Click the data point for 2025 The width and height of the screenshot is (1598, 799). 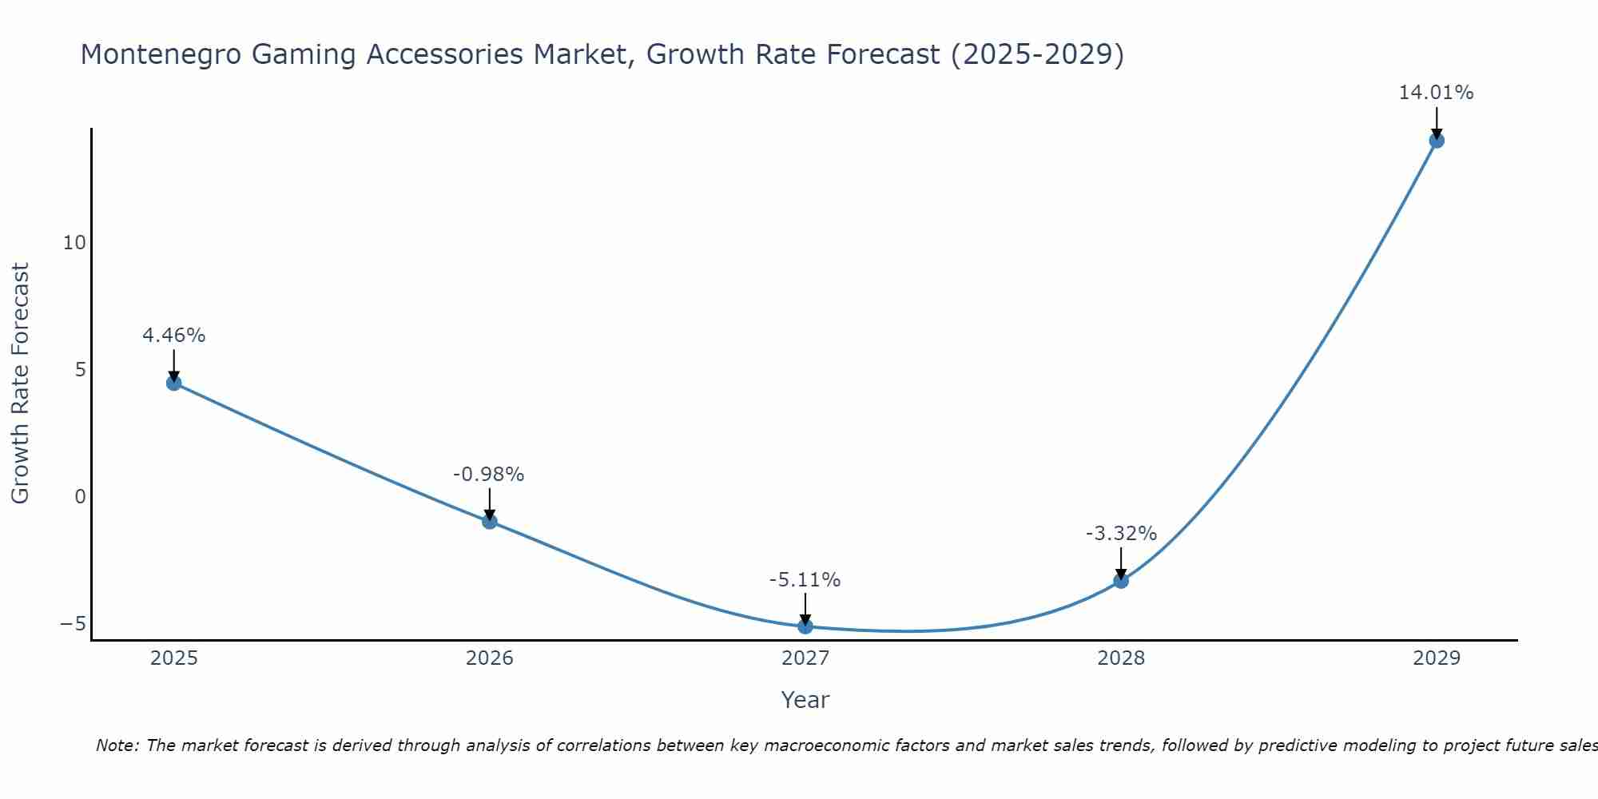tap(173, 383)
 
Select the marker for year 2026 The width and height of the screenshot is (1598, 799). tap(490, 521)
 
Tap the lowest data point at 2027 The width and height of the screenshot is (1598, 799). tap(805, 626)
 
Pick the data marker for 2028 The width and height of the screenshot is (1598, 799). tap(1121, 581)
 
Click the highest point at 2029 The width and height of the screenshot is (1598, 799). tap(1436, 141)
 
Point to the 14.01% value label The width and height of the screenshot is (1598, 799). tap(1436, 93)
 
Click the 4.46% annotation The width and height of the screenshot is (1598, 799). tap(173, 336)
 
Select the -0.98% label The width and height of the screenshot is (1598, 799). tap(488, 475)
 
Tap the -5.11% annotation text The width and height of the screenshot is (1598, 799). tap(805, 580)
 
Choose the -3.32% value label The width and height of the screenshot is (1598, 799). tap(1121, 534)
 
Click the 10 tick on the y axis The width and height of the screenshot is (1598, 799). tap(74, 243)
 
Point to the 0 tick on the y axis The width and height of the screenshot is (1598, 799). tap(80, 497)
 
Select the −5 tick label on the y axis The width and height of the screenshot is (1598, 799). tap(73, 623)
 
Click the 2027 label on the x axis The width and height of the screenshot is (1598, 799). tap(805, 658)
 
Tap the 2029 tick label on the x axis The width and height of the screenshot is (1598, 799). tap(1436, 658)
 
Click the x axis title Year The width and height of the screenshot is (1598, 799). tap(805, 700)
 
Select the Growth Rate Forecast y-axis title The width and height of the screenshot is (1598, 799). tap(21, 384)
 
